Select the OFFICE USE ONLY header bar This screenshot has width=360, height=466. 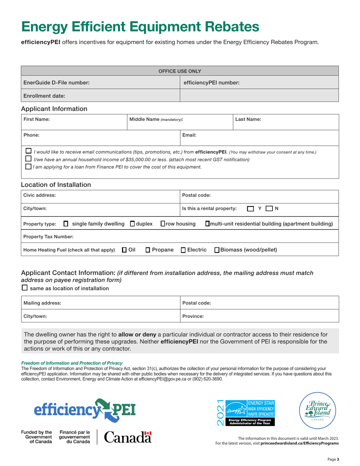180,71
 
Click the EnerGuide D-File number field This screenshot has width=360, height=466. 100,82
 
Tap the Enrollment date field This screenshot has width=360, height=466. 100,96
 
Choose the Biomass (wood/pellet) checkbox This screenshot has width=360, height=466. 217,250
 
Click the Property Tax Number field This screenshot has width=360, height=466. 180,237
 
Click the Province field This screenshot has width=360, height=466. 259,316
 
